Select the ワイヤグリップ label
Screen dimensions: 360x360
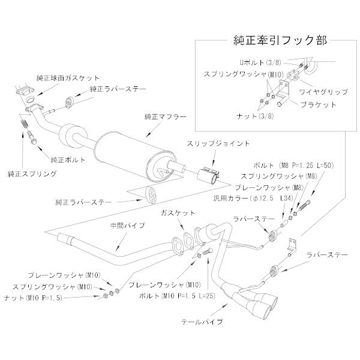pyautogui.click(x=328, y=92)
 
